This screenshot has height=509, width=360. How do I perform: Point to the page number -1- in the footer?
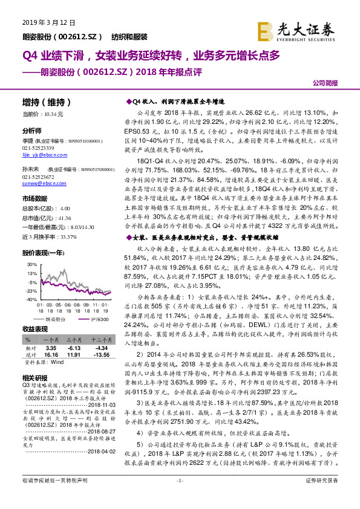[179, 497]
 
